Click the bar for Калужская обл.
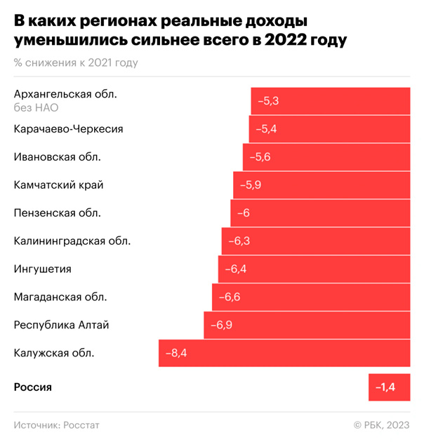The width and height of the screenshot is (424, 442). [x=284, y=353]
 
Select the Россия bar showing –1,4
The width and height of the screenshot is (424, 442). [x=389, y=387]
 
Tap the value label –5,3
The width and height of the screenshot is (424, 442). [x=268, y=101]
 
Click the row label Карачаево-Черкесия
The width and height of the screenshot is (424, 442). [x=69, y=128]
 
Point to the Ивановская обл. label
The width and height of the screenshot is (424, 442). [x=58, y=156]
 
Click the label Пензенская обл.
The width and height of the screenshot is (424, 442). [x=58, y=213]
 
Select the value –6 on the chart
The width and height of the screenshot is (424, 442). [x=244, y=213]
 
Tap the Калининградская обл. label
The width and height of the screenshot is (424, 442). [x=72, y=241]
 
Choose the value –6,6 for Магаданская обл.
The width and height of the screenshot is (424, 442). [x=230, y=297]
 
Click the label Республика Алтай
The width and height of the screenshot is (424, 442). [x=62, y=325]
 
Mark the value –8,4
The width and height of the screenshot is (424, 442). [x=175, y=353]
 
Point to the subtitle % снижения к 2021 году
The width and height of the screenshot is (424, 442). [x=76, y=62]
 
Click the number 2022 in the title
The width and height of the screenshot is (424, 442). [x=280, y=41]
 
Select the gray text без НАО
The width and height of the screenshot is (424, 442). [x=36, y=107]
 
